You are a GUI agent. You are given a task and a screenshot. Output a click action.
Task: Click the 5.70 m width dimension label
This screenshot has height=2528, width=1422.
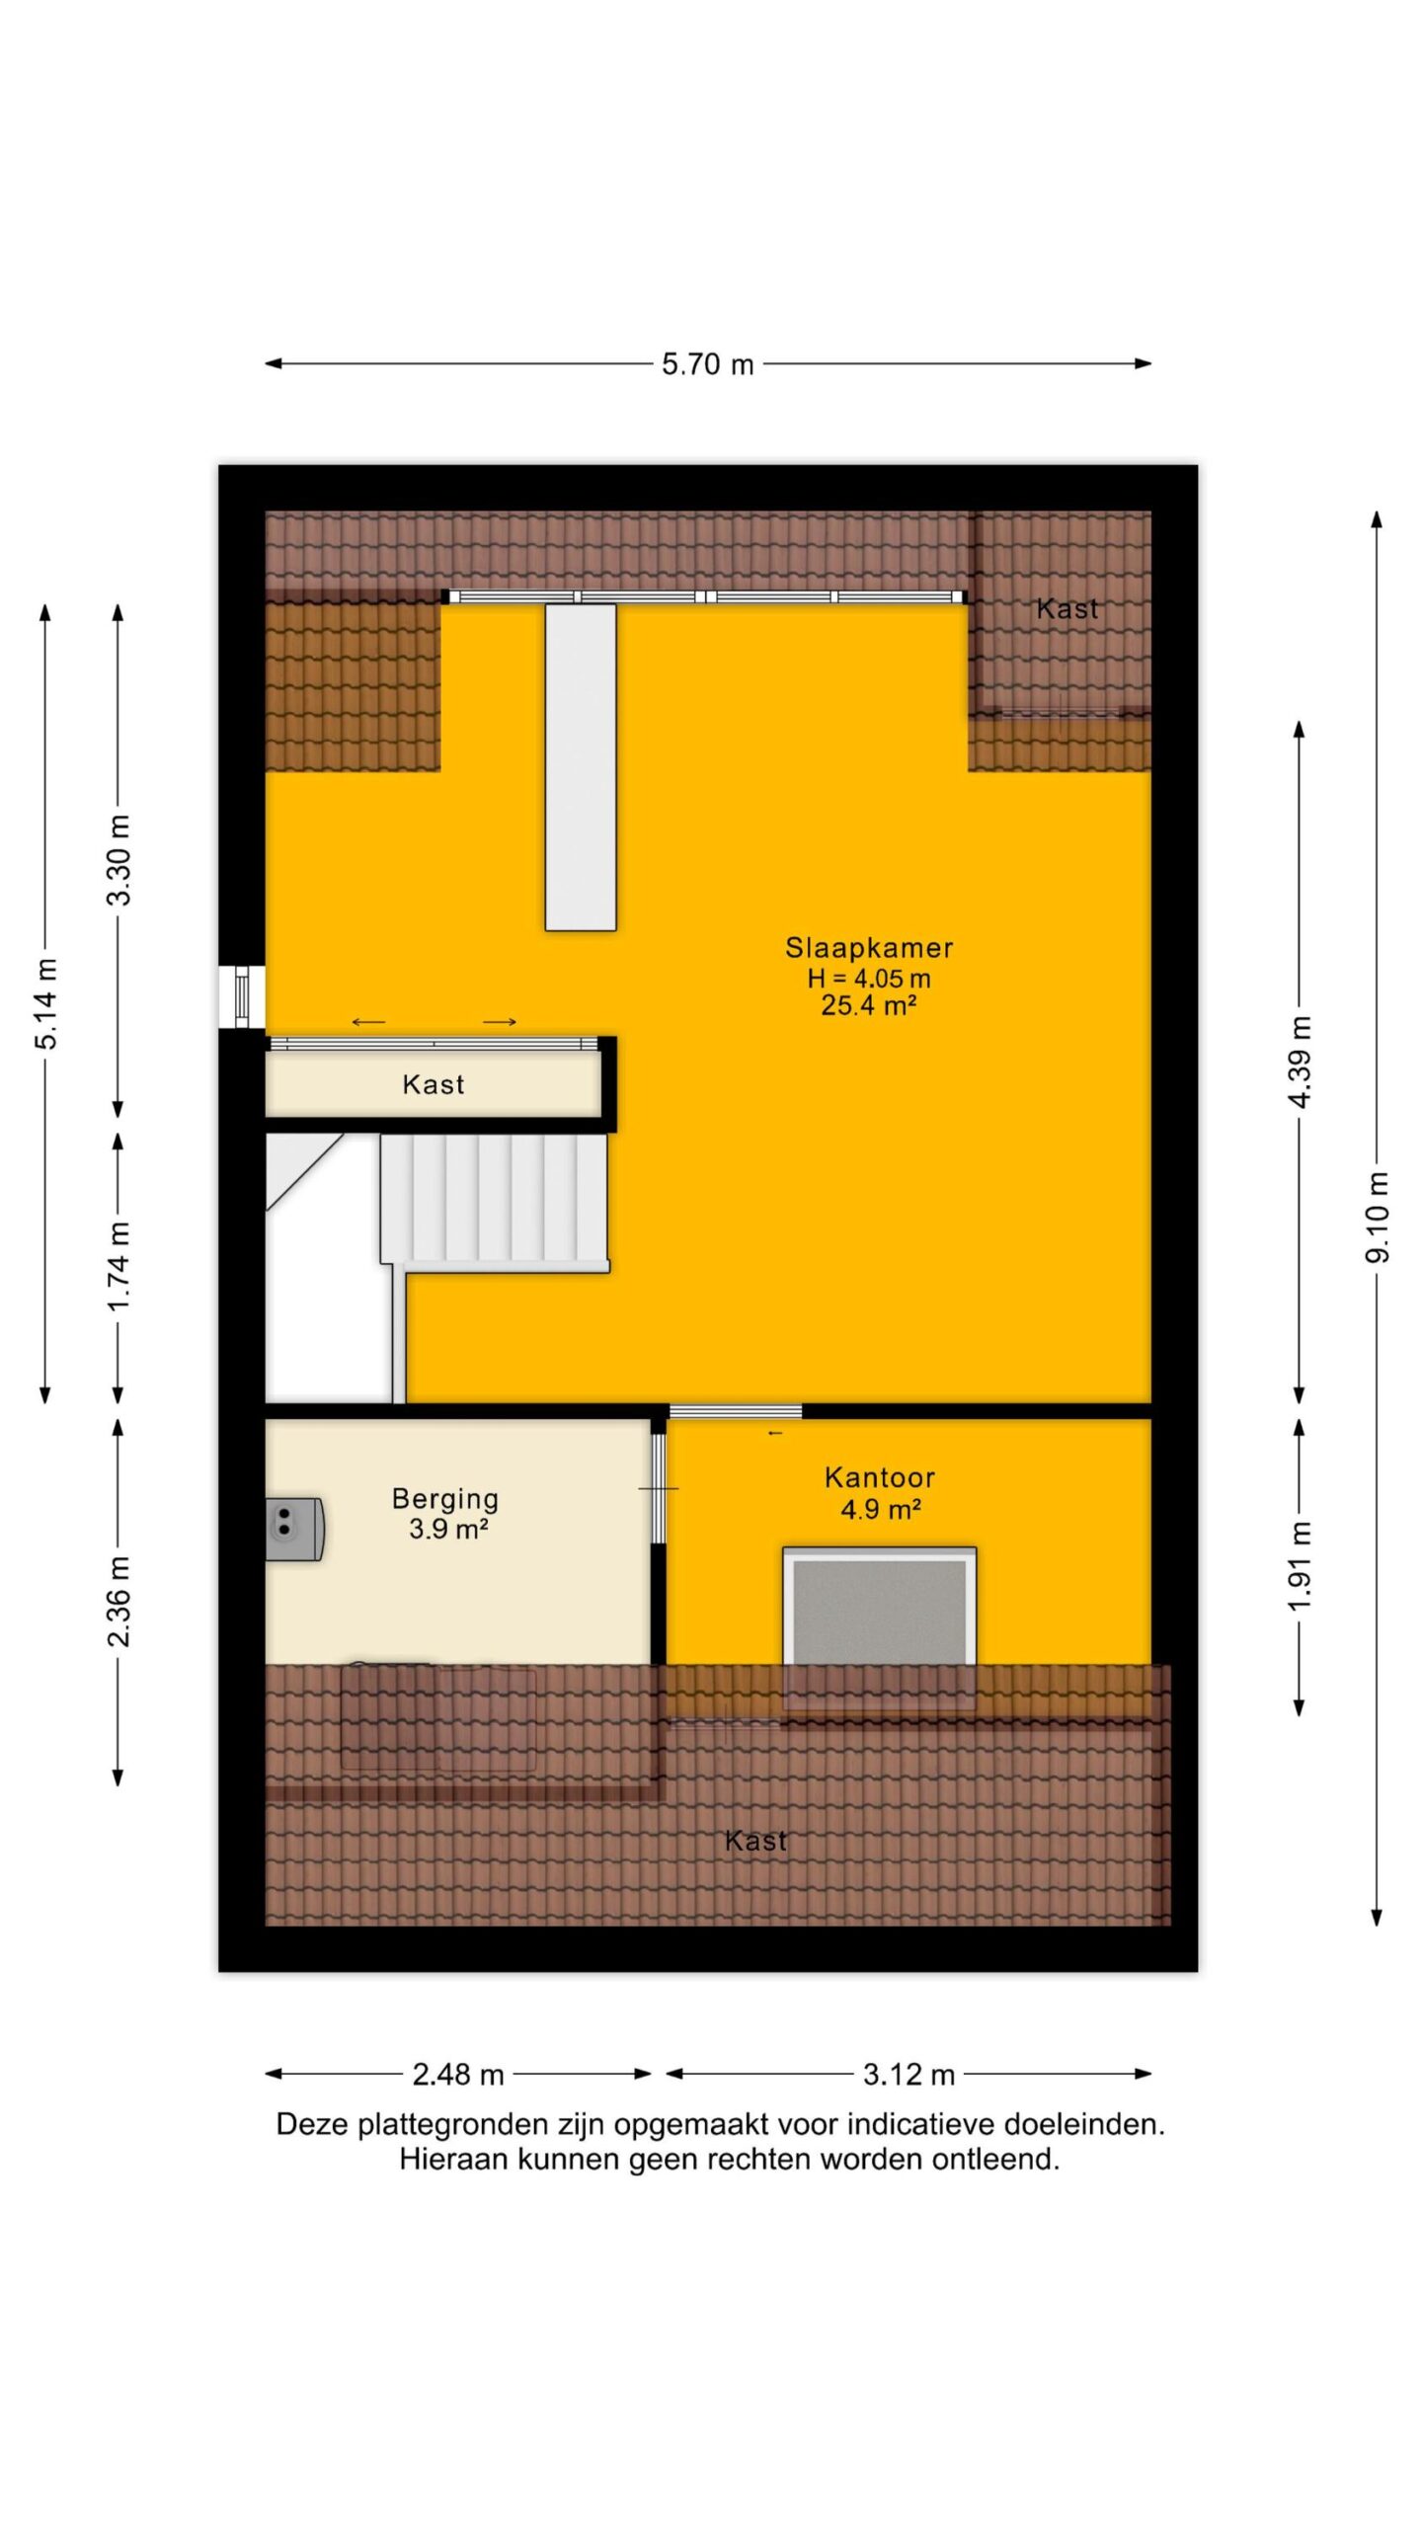(707, 364)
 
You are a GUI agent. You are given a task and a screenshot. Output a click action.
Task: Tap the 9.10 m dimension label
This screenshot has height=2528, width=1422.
(1378, 1216)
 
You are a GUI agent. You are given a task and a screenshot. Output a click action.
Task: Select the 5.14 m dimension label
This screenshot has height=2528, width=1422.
(46, 1002)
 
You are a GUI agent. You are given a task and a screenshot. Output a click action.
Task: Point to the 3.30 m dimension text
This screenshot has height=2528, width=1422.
(118, 860)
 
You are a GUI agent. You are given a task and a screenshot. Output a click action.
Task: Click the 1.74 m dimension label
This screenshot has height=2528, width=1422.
(118, 1267)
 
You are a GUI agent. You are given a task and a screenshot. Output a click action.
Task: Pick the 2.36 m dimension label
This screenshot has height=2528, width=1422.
(118, 1602)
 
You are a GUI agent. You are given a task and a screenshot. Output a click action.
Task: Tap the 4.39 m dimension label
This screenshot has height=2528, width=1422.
(1301, 1062)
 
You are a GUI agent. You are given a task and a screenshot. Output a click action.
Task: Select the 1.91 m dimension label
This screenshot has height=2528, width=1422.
(1301, 1565)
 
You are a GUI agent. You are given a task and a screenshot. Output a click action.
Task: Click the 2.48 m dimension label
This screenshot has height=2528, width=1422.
(458, 2075)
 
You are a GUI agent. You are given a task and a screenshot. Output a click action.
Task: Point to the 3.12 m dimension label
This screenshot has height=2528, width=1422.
(908, 2075)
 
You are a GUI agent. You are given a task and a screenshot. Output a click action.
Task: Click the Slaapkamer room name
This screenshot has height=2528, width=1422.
(869, 948)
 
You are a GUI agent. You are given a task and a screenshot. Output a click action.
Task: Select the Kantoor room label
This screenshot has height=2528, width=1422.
(880, 1477)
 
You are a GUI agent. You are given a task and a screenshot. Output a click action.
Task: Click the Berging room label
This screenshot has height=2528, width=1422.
(445, 1499)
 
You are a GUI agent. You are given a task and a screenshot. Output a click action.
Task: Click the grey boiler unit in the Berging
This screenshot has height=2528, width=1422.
(294, 1529)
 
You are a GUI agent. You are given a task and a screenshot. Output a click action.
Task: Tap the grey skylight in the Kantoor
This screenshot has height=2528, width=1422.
(879, 1613)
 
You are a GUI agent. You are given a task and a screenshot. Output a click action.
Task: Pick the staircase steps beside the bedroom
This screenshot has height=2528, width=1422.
(494, 1203)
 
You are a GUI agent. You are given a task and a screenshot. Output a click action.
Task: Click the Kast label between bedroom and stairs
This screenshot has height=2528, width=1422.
(434, 1084)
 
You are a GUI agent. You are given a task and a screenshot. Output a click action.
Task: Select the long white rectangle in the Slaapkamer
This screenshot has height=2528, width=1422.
(581, 767)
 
